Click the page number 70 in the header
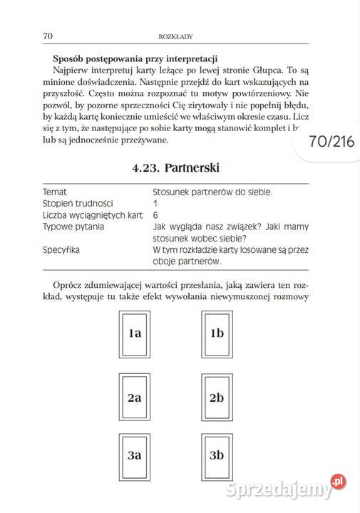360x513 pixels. point(48,35)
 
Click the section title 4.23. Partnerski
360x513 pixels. point(175,168)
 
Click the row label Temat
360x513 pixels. point(55,192)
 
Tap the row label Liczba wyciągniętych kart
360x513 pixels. point(93,214)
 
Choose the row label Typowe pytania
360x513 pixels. point(73,227)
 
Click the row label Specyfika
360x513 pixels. point(61,250)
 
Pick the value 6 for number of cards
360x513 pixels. point(155,214)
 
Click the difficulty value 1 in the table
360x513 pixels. point(155,203)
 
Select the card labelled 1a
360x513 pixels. point(135,333)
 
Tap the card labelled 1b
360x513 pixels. point(217,333)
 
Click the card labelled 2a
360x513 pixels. point(135,398)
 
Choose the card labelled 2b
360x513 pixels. point(217,398)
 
